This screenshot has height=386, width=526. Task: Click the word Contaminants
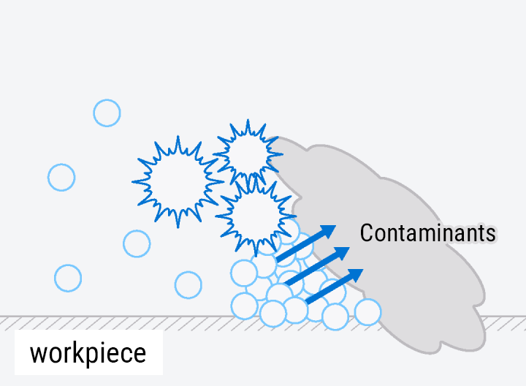pos(428,233)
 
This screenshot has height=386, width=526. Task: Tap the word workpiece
pos(88,353)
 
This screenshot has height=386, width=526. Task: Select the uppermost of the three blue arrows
pos(306,243)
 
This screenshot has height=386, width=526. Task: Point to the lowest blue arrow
pos(334,286)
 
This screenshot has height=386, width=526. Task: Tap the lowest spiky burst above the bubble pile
pos(255,214)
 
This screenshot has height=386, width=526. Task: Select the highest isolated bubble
pos(107,113)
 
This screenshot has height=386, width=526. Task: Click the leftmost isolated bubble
pos(61,177)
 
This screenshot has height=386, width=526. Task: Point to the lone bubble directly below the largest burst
pos(137,243)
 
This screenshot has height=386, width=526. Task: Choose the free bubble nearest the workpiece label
pos(68,278)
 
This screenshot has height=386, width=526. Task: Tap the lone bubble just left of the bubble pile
pos(188,284)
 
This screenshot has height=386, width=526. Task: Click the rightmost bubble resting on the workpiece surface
pos(368,311)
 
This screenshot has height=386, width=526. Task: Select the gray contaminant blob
pos(409,285)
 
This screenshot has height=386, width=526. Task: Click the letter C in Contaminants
pos(367,233)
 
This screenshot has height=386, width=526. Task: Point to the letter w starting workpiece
pos(37,354)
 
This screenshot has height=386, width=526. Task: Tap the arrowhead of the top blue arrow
pos(328,231)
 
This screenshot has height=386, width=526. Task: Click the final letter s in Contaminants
pos(491,234)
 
